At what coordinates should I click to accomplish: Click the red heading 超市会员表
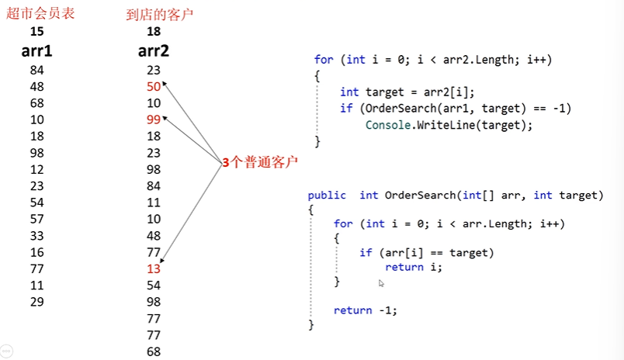point(40,13)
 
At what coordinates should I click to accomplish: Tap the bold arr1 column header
point(36,52)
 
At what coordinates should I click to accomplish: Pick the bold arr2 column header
point(154,52)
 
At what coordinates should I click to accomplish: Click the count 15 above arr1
point(36,32)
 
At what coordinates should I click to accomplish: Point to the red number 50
point(153,86)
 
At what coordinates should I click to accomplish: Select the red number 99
point(153,119)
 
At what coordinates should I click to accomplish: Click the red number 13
point(153,269)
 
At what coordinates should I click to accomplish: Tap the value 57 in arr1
point(36,219)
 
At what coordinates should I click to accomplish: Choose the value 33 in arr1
point(36,236)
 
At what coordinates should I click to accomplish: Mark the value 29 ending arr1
point(36,302)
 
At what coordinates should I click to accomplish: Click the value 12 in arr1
point(36,169)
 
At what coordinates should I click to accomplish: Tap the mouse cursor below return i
point(380,284)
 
